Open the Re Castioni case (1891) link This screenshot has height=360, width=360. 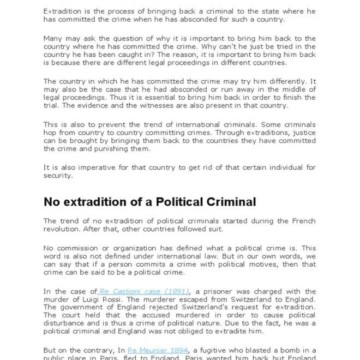[145, 291]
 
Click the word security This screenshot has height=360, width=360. [57, 176]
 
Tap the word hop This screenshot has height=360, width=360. [50, 133]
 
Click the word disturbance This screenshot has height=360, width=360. [68, 322]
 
